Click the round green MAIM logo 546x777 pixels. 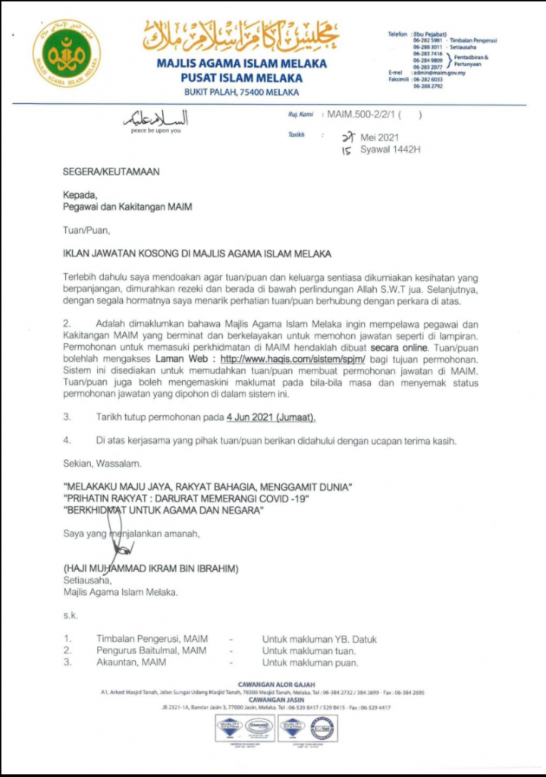(x=67, y=52)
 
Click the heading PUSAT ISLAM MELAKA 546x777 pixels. (x=242, y=77)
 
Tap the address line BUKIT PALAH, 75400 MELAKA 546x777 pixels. (x=242, y=93)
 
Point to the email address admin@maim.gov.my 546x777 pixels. (x=435, y=73)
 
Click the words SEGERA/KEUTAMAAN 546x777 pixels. (x=111, y=172)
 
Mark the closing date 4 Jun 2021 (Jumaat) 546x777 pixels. (x=266, y=417)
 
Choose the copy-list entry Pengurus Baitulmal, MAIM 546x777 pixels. (x=151, y=650)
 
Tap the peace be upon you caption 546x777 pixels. (x=156, y=131)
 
